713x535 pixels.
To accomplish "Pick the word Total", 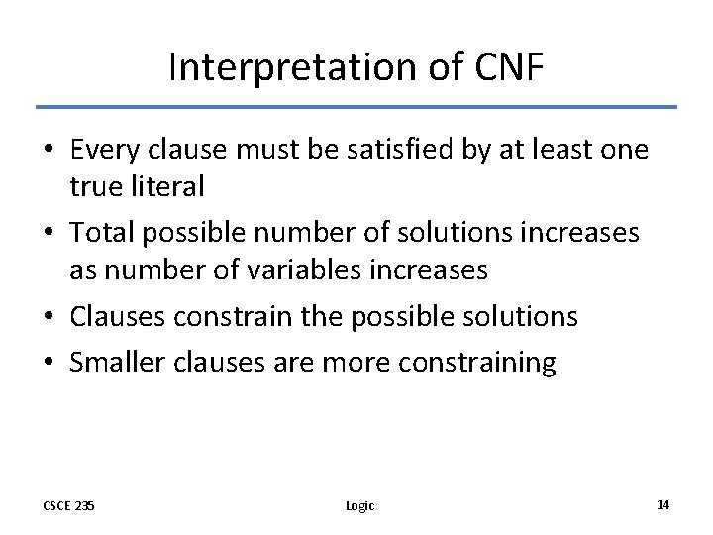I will [x=101, y=234].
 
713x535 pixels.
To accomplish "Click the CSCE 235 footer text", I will [x=70, y=505].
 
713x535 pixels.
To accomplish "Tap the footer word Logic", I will [x=360, y=505].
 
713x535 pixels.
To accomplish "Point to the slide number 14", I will [x=663, y=504].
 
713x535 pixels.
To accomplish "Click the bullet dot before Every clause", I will [x=48, y=151].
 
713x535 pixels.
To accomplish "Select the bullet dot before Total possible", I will [x=48, y=234].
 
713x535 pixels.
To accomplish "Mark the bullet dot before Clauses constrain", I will [x=48, y=317].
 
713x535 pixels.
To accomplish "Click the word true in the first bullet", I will [x=92, y=185].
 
